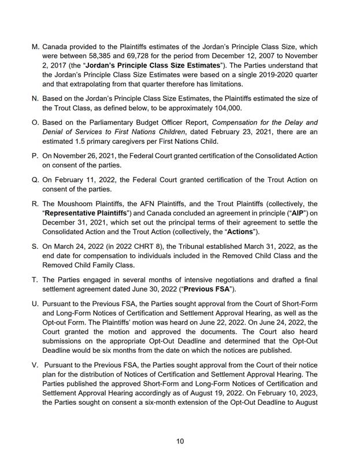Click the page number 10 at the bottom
pos(180,441)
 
